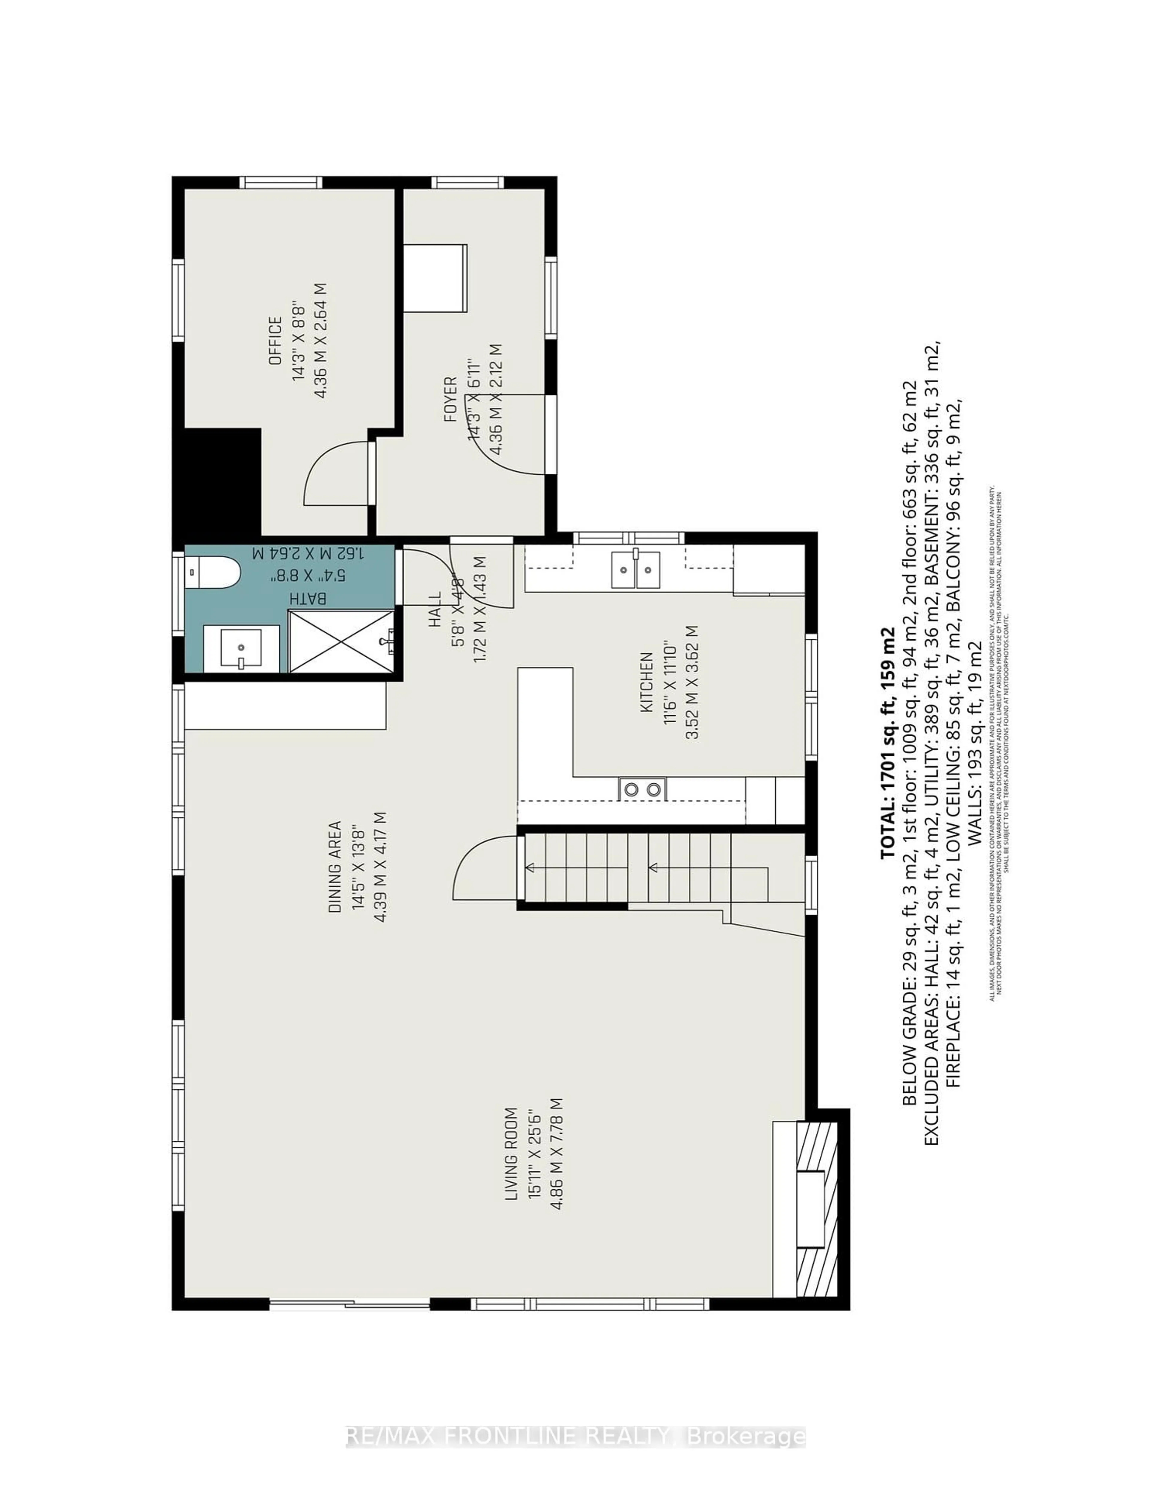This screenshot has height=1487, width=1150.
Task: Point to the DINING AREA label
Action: [335, 867]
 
